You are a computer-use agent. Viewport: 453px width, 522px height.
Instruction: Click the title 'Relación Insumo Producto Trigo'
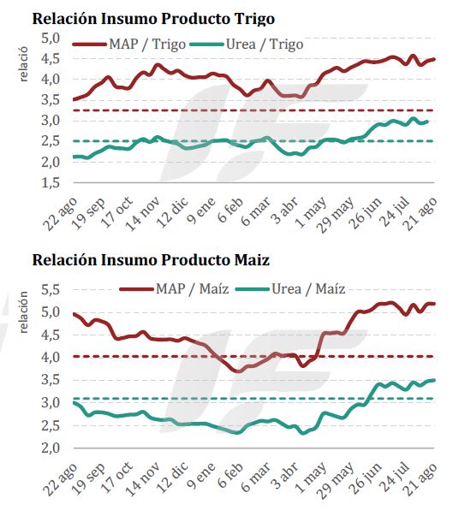coord(153,19)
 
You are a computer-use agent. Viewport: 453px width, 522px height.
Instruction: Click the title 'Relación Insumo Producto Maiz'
coord(151,260)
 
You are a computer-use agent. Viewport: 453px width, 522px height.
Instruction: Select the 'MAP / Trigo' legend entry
coord(129,44)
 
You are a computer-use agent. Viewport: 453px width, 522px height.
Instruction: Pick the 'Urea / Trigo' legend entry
coord(247,44)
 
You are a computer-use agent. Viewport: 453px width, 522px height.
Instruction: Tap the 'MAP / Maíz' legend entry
coord(174,288)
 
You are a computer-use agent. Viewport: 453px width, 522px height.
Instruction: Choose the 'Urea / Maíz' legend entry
coord(290,288)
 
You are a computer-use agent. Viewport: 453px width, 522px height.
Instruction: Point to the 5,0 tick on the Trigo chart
coord(51,39)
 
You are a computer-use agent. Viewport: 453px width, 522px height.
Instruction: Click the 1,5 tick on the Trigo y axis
coord(51,183)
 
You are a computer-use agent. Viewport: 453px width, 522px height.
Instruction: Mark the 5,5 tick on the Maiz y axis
coord(51,289)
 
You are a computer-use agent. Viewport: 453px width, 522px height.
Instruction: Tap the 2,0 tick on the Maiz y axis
coord(51,448)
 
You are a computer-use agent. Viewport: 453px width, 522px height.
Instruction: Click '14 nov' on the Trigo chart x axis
coord(142,214)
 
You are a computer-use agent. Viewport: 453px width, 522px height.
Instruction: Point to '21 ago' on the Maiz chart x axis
coord(420,478)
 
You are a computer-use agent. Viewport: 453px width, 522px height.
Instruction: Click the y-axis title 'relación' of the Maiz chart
coord(24,312)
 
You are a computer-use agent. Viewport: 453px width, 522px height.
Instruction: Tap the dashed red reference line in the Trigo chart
coord(253,110)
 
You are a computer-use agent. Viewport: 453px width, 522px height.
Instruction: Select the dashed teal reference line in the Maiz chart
coord(253,398)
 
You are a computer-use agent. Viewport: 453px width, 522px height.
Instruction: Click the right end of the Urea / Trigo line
coord(427,122)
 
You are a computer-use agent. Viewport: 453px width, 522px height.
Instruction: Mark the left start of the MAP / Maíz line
coord(74,313)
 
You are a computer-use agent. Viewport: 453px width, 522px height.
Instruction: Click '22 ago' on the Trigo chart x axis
coord(60,214)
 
